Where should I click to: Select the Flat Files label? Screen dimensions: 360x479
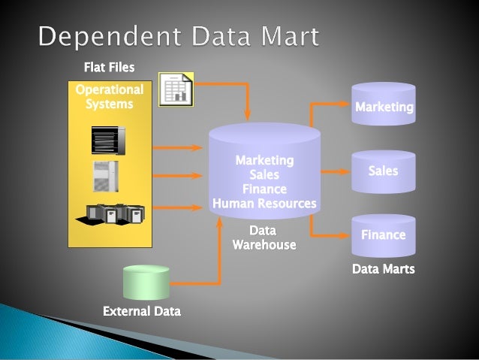click(109, 68)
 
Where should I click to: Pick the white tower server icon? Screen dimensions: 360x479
click(105, 176)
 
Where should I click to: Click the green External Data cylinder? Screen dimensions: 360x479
click(146, 283)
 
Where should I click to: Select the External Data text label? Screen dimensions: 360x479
click(142, 310)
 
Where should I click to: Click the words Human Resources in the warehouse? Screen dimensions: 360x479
click(264, 203)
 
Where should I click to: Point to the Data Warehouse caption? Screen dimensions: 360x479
click(264, 237)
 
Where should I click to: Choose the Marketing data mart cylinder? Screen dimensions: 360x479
click(384, 107)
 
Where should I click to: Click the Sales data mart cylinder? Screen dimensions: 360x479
click(384, 171)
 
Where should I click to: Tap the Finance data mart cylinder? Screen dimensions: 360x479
click(384, 234)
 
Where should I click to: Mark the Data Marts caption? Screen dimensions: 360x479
click(383, 268)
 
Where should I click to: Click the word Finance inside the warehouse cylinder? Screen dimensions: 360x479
click(264, 189)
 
